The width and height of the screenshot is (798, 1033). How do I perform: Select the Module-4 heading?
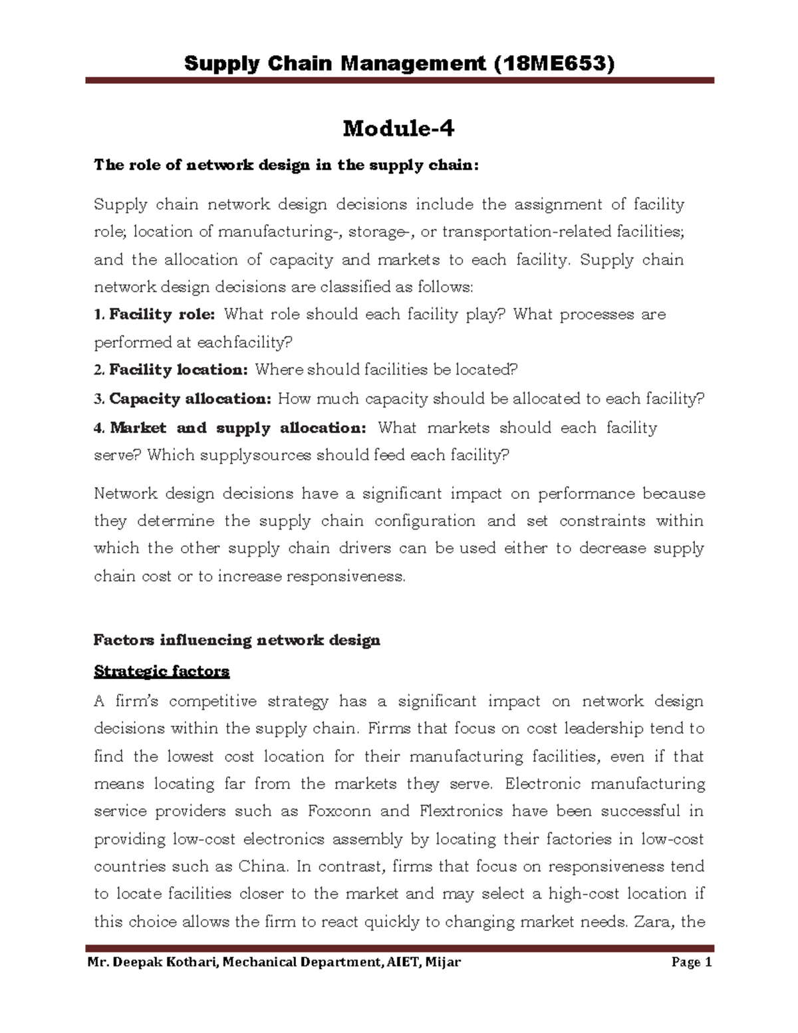(398, 128)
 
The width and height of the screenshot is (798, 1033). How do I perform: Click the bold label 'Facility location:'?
(178, 370)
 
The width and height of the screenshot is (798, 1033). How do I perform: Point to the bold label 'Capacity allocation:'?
(190, 399)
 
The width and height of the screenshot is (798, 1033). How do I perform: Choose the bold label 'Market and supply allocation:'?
(237, 428)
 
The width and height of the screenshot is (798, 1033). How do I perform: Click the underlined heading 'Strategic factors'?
(162, 671)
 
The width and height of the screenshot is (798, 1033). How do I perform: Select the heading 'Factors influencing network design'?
(237, 641)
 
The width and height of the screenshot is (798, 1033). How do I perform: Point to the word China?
(264, 867)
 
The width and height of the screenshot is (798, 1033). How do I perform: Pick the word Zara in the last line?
(654, 922)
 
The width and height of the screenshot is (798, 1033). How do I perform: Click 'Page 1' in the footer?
(692, 962)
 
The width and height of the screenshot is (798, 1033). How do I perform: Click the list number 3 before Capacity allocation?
(98, 399)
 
